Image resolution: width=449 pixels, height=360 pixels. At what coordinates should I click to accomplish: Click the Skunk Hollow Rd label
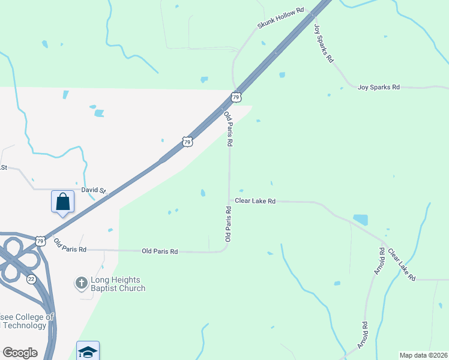[x=281, y=19]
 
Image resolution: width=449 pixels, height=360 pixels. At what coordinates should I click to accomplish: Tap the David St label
[x=93, y=190]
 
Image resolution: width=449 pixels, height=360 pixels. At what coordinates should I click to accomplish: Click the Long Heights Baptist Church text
[x=118, y=284]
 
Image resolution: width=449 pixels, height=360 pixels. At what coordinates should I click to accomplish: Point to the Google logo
[x=20, y=353]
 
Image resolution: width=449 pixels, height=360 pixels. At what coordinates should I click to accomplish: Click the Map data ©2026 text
[x=423, y=355]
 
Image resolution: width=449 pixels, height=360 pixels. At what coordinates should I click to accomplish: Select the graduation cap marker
[x=88, y=350]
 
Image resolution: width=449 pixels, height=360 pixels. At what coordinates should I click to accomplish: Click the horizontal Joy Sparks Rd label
[x=378, y=87]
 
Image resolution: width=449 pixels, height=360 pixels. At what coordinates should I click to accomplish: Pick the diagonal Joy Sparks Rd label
[x=324, y=43]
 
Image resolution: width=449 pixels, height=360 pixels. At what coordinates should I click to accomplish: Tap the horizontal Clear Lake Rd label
[x=255, y=201]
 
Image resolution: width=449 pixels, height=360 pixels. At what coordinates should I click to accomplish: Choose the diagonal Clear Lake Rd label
[x=402, y=265]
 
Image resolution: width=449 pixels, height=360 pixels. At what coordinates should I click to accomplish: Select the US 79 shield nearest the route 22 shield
[x=40, y=241]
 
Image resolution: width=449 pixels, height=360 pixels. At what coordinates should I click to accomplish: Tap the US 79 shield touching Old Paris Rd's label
[x=236, y=97]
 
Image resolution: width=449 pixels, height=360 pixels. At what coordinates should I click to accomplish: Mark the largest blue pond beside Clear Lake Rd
[x=360, y=219]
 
